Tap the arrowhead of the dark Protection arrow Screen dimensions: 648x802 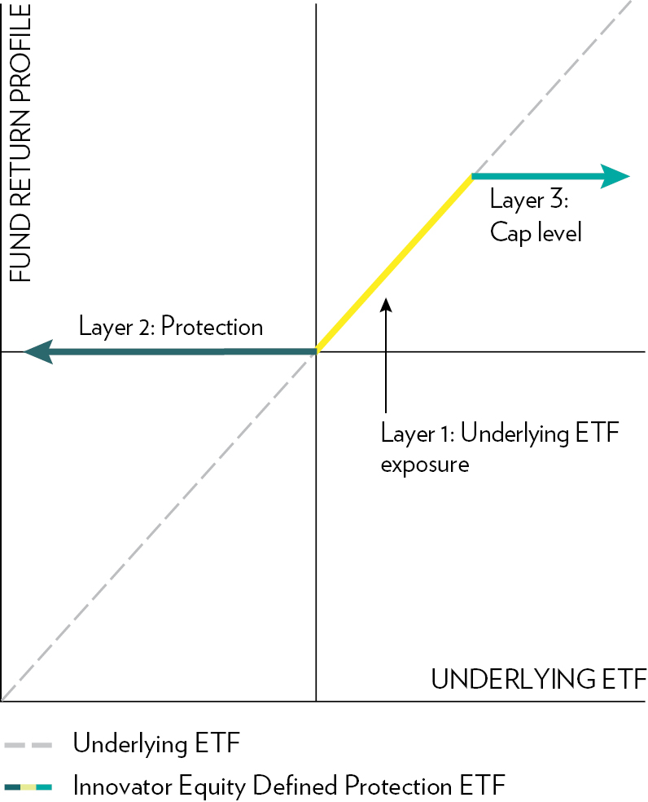point(39,351)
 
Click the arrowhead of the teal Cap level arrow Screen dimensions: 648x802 point(615,177)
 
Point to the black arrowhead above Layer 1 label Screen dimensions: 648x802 point(387,305)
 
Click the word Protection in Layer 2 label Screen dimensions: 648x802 point(212,326)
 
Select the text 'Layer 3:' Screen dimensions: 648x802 point(529,200)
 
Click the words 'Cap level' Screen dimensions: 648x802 point(536,233)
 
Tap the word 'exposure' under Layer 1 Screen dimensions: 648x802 point(425,465)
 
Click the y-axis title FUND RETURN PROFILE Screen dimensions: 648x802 point(20,143)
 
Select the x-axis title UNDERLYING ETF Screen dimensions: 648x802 point(539,679)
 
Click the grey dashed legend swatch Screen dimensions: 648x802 point(28,745)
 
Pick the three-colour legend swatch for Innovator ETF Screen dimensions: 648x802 point(28,787)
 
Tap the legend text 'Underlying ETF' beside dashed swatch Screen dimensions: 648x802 point(156,743)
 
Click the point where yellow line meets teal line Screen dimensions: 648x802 point(472,177)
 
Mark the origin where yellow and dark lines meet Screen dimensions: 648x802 point(317,351)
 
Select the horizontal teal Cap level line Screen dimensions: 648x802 point(551,177)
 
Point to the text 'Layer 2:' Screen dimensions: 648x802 point(116,326)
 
